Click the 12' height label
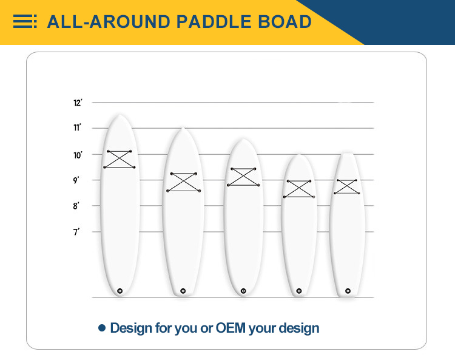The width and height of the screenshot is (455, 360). coord(78,103)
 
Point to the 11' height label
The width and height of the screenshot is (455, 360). coord(78,127)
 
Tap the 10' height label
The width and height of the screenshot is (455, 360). coord(78,155)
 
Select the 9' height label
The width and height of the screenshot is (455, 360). coord(76,180)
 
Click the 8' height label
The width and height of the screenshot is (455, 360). coord(76,206)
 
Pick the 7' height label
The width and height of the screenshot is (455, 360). coord(76,232)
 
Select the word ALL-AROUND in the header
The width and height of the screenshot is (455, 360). coord(109,22)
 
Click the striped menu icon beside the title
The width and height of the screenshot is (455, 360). coord(25,21)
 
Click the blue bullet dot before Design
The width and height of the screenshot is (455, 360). coord(102,328)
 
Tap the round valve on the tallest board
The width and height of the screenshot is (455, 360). coord(120,291)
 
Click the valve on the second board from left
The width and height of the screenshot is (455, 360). coord(183,291)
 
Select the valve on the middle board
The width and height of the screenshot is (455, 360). coord(243,291)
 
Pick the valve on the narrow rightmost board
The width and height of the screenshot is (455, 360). coord(348,291)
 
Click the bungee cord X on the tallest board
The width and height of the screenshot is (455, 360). coord(120,160)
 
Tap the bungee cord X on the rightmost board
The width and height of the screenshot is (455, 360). coord(347,186)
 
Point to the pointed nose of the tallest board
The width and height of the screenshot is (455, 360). coord(120,115)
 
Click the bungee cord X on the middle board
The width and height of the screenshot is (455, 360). coord(243,177)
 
